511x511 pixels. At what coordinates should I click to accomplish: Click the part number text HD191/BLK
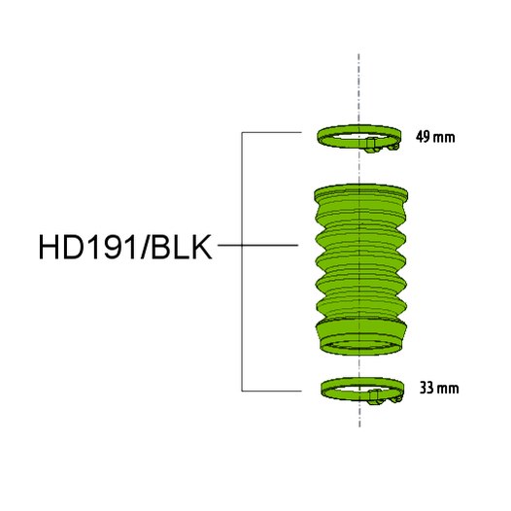pyautogui.click(x=126, y=246)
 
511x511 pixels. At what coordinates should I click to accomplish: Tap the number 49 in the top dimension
pyautogui.click(x=422, y=136)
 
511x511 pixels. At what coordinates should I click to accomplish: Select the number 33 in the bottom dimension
pyautogui.click(x=425, y=389)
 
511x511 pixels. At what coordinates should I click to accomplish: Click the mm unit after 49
pyautogui.click(x=443, y=136)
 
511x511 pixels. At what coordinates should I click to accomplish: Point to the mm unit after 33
pyautogui.click(x=446, y=389)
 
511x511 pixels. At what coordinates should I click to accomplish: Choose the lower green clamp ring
pyautogui.click(x=335, y=388)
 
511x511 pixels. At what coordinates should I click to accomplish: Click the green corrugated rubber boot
pyautogui.click(x=359, y=262)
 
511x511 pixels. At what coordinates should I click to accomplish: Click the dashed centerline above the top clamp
pyautogui.click(x=360, y=87)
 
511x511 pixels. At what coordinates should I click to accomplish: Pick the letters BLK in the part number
pyautogui.click(x=185, y=246)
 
